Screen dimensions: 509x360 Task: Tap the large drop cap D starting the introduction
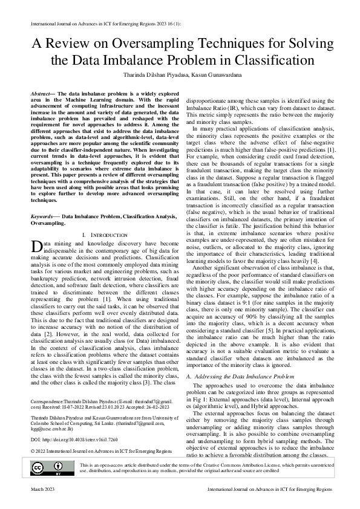click(x=36, y=245)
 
